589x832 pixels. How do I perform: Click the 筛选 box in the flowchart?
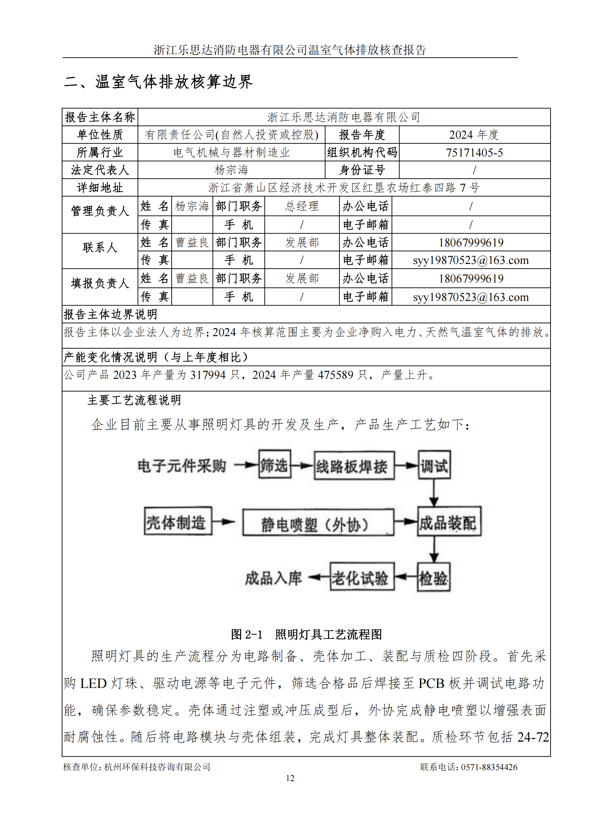tap(275, 465)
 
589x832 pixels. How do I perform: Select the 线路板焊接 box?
tap(354, 466)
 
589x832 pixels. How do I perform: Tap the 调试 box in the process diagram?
tap(434, 465)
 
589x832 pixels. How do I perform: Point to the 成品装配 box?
tap(449, 522)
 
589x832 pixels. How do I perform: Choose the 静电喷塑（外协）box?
tap(318, 523)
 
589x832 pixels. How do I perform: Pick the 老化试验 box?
tap(361, 577)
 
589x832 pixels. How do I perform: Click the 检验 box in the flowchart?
tap(433, 577)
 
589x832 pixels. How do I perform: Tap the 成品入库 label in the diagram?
tap(273, 578)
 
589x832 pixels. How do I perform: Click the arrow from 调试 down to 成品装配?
tap(434, 493)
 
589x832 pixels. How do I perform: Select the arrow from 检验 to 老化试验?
tap(406, 577)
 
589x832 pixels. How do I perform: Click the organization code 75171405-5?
tap(474, 153)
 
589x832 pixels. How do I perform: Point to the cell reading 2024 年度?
tap(474, 135)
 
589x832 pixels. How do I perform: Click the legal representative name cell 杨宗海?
tap(231, 170)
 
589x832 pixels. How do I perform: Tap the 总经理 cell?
tap(302, 206)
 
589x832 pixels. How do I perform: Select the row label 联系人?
tap(100, 248)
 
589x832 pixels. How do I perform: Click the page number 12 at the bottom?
tap(290, 778)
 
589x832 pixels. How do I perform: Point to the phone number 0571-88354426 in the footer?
tap(489, 767)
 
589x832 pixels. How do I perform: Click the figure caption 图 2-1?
tap(247, 634)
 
